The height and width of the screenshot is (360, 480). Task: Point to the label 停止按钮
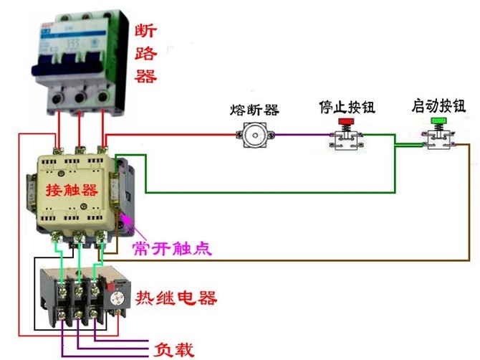(x=347, y=107)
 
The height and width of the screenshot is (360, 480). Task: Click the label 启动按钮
(x=438, y=105)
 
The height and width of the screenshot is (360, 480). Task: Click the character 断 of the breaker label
(x=145, y=31)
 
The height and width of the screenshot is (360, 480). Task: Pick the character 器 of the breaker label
(x=145, y=75)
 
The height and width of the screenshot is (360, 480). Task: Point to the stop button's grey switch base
(x=347, y=141)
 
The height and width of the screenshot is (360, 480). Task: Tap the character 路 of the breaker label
(x=145, y=52)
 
